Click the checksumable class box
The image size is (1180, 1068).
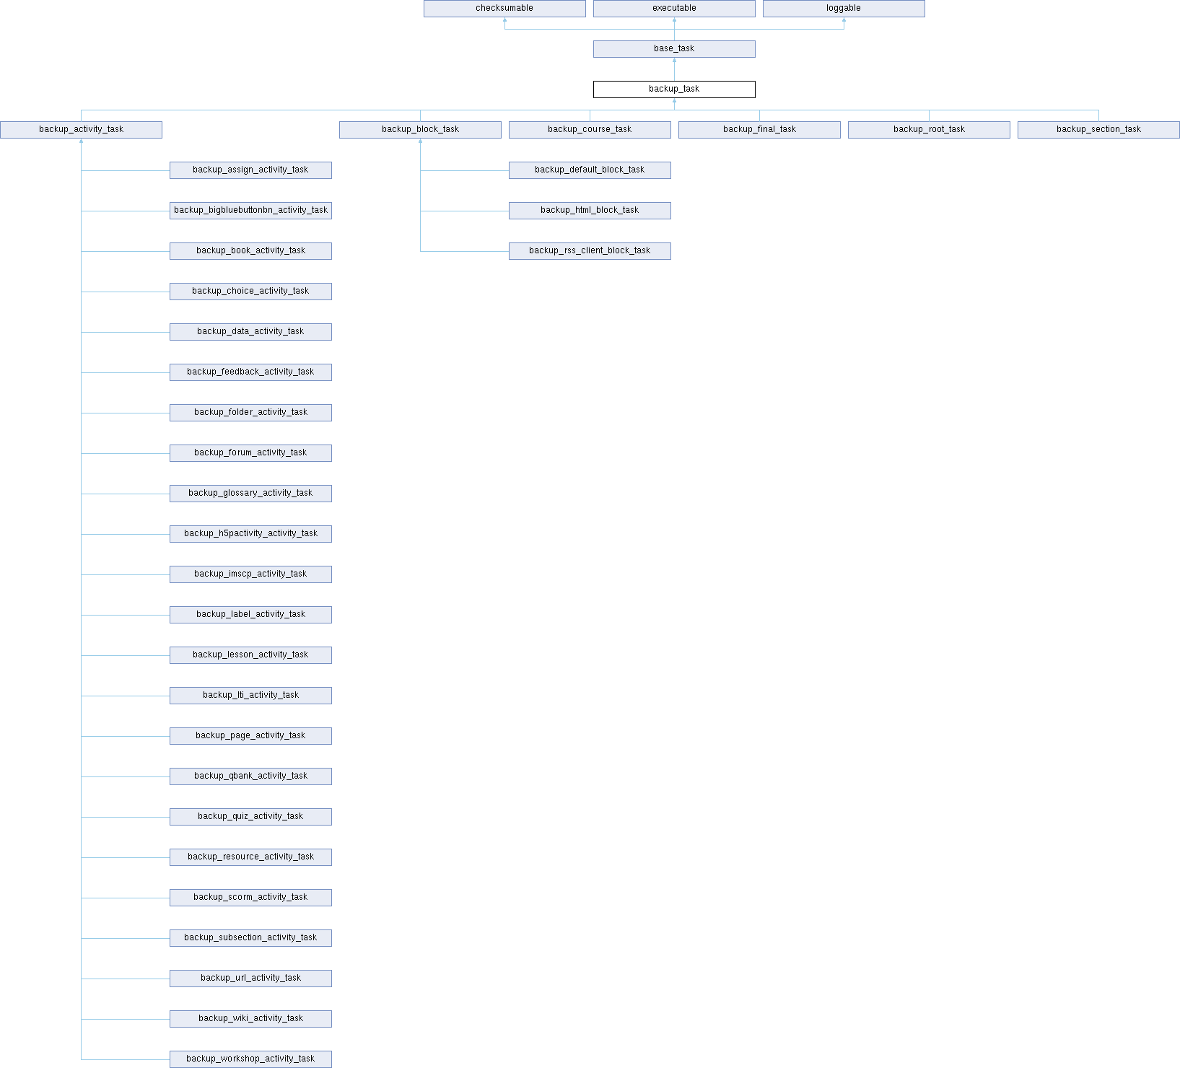coord(504,9)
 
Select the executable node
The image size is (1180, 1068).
coord(674,9)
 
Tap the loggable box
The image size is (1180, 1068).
coord(844,9)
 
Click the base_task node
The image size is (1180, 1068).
coord(674,49)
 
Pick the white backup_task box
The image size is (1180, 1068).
coord(674,89)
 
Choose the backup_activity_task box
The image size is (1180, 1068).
coord(81,130)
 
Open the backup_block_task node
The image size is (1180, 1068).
coord(420,130)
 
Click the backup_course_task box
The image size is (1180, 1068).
coord(590,130)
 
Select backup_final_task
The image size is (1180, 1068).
coord(759,130)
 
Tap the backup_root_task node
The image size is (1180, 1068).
coord(929,130)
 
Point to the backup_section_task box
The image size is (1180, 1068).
coord(1098,130)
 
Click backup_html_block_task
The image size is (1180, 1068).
coord(590,211)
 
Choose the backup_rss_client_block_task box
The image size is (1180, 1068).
coord(590,251)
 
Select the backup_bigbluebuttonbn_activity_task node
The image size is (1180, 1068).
coord(250,211)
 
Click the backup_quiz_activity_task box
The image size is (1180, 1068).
coord(250,817)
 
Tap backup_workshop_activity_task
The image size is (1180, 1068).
coord(250,1059)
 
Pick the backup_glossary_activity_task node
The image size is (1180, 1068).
coord(250,494)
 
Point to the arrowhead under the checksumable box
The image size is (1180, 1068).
coord(504,20)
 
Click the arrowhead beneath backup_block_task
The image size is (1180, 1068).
coord(420,141)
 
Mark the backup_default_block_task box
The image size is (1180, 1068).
coord(590,170)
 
